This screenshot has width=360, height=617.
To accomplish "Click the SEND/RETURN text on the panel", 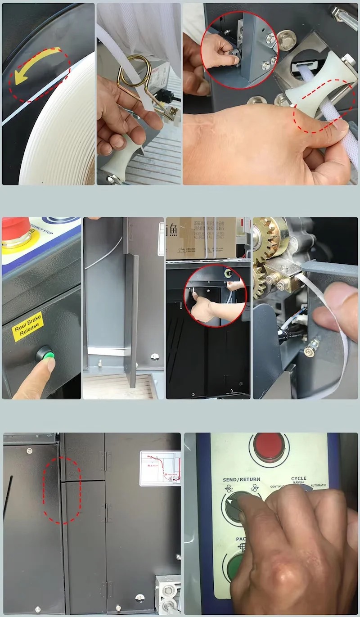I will [242, 479].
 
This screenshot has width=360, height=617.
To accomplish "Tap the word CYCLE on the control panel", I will [298, 478].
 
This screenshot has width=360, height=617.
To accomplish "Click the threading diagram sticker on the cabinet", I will [160, 468].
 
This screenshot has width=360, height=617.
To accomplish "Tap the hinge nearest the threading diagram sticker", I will [108, 461].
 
